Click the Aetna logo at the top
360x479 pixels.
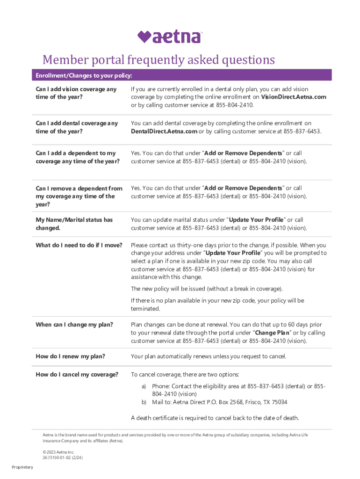point(169,36)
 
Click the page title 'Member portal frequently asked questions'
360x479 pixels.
point(158,60)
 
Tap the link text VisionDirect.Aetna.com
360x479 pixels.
point(293,97)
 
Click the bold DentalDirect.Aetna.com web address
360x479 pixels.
point(164,131)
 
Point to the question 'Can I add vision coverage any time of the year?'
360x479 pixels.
point(76,93)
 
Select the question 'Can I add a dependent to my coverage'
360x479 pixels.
point(77,157)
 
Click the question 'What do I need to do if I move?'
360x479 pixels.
point(79,245)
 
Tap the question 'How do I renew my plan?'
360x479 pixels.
point(71,356)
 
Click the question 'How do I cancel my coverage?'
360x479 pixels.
point(77,374)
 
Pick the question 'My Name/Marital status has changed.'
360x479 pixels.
point(74,224)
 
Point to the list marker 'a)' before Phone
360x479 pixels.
point(144,386)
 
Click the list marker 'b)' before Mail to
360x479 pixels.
point(144,402)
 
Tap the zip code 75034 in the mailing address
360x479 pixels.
point(279,402)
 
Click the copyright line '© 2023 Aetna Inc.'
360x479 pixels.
point(58,452)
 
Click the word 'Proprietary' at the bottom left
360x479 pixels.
point(22,467)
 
